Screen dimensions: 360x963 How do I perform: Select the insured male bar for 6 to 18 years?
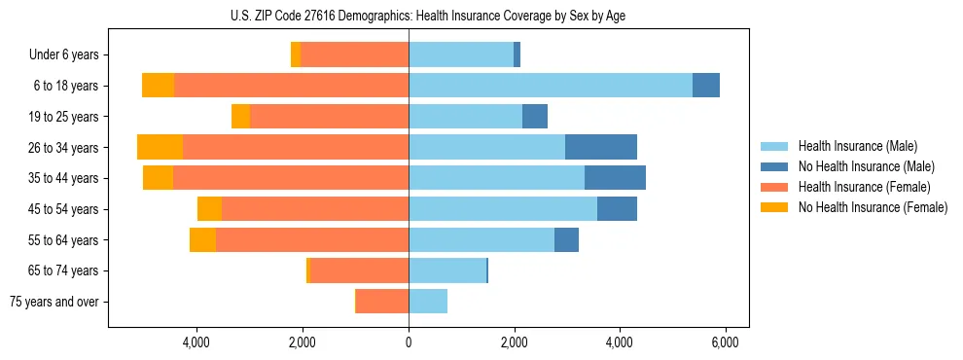click(551, 86)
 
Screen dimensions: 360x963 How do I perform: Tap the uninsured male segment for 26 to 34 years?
click(601, 147)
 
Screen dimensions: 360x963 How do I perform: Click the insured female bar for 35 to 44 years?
click(291, 178)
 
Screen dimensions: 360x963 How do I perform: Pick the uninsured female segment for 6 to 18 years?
click(158, 86)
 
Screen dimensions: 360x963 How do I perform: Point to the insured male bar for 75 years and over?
click(428, 302)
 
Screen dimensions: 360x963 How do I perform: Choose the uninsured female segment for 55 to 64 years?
click(202, 240)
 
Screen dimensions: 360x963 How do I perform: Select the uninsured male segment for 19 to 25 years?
click(535, 117)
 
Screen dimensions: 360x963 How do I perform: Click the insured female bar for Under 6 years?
click(354, 54)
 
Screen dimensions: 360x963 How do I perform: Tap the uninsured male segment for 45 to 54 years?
click(617, 209)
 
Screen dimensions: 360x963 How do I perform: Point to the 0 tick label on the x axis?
click(409, 342)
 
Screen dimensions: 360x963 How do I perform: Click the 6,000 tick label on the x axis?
click(726, 342)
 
